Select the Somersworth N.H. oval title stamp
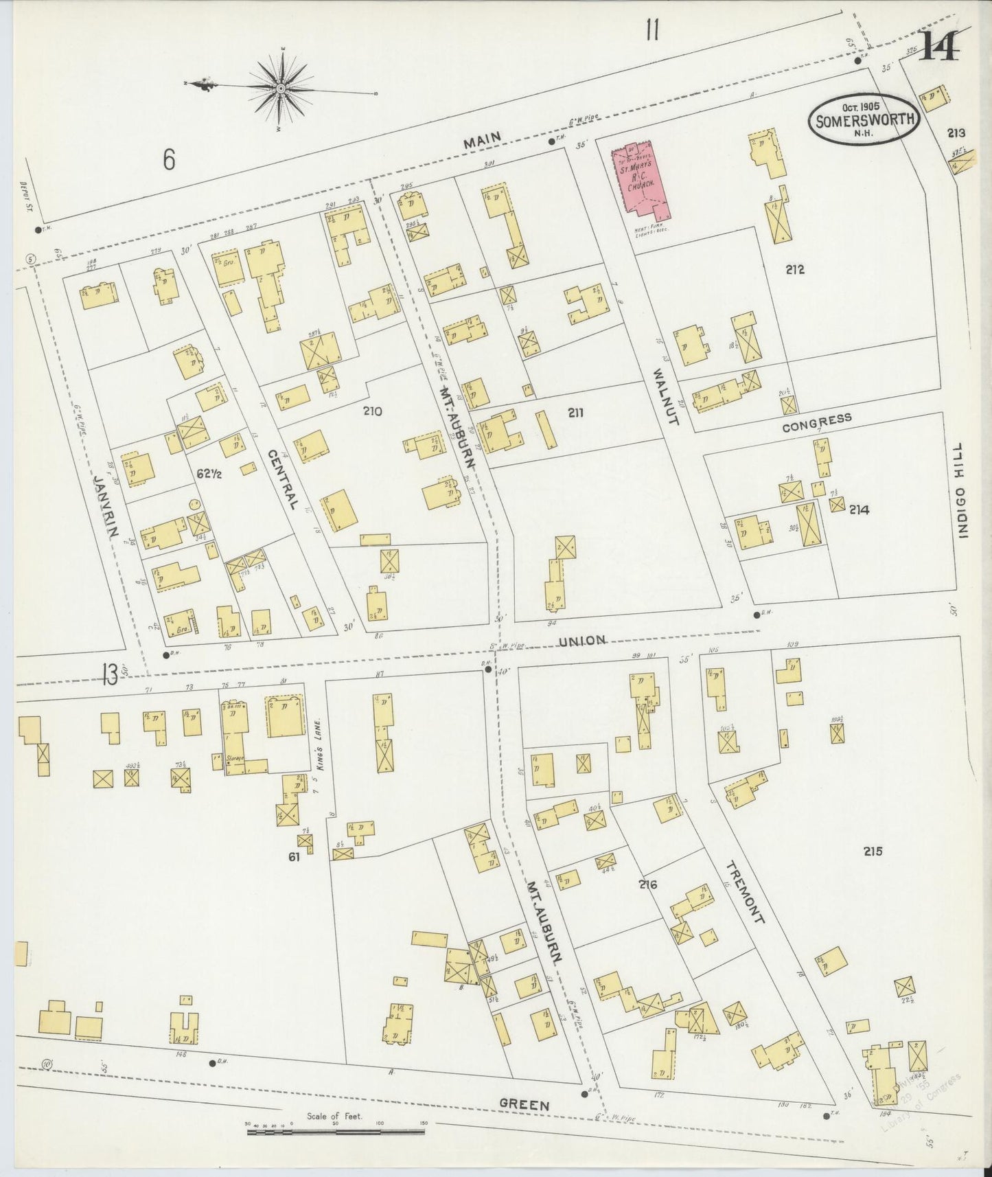(x=864, y=119)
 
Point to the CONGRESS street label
(x=817, y=422)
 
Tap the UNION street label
(x=581, y=641)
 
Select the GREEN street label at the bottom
(x=524, y=1105)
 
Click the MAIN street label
(x=483, y=141)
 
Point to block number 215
(x=873, y=852)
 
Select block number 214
(x=859, y=510)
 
